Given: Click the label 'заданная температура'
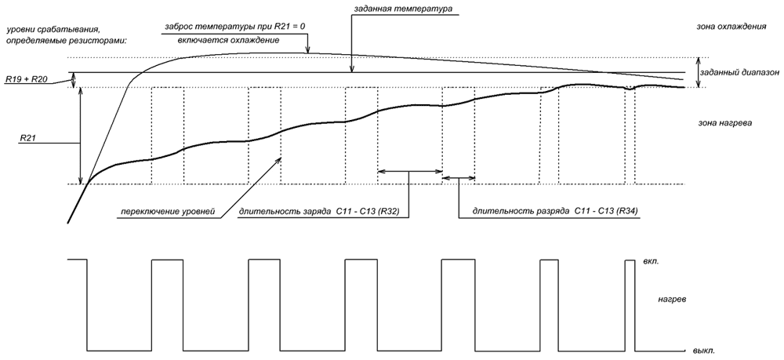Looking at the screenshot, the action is tap(403, 9).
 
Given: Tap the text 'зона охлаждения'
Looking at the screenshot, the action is tap(732, 27).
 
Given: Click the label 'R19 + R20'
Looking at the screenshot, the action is tap(27, 79).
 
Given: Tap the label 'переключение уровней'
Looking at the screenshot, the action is tap(168, 212).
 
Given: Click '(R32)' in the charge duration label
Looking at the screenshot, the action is tap(390, 212).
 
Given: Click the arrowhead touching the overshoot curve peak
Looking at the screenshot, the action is tap(308, 49).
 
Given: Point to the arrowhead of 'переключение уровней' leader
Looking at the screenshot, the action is tap(278, 159).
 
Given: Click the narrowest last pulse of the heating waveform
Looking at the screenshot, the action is tap(630, 305).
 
